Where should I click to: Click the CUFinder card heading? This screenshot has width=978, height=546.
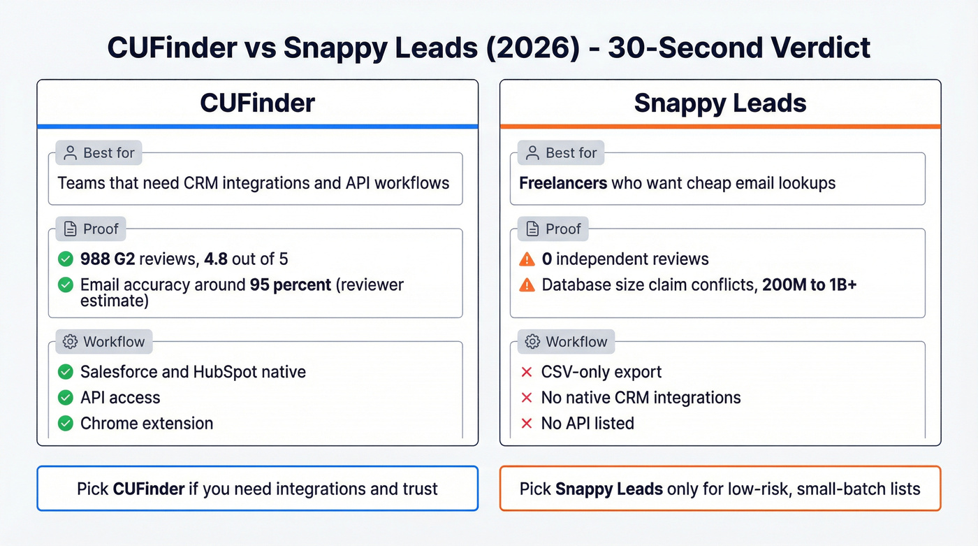coord(257,103)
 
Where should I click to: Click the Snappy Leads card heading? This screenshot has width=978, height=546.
coord(720,103)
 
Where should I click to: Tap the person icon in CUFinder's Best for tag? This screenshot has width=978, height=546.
coord(70,152)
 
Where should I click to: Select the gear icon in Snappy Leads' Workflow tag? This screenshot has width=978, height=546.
coord(532,342)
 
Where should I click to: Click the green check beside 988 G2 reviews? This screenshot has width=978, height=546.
coord(66,260)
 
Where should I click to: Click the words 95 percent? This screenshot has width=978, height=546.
coord(291,285)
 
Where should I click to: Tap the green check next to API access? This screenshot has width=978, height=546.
coord(66,398)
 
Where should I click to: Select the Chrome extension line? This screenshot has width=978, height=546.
coord(147,423)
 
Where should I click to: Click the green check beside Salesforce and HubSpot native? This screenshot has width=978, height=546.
coord(66,372)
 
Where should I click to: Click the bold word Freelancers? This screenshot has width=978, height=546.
coord(563,183)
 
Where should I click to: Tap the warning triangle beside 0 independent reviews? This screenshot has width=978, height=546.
coord(527,260)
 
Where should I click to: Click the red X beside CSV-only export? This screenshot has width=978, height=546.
coord(527,372)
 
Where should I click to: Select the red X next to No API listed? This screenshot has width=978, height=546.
coord(527,423)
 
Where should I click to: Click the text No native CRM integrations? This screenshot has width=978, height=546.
coord(641,398)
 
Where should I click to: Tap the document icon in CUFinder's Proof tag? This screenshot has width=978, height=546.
coord(70,229)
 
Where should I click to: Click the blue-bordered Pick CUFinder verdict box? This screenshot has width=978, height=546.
coord(257,488)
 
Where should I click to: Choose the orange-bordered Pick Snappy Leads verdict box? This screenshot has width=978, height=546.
coord(720,488)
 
